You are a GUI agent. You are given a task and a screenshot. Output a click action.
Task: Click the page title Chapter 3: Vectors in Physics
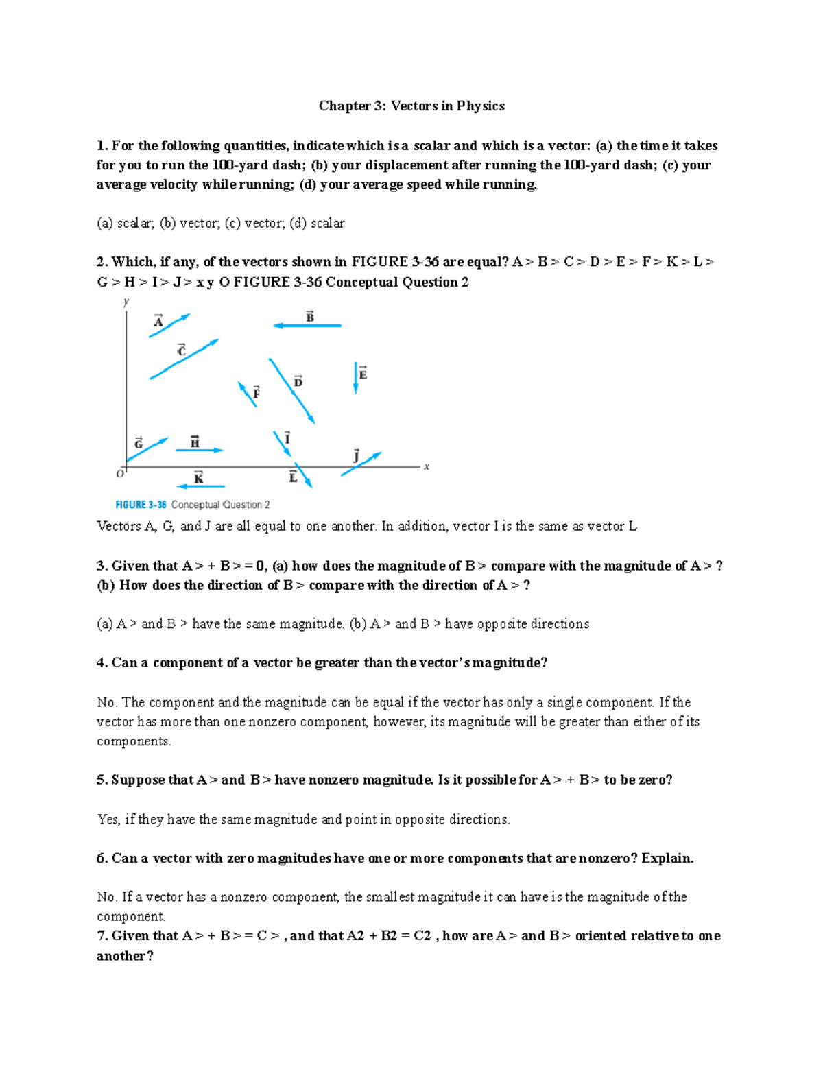pos(411,106)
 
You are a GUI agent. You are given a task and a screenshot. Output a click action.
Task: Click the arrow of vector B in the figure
pos(307,326)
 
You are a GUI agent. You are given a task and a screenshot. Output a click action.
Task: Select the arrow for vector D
pos(292,392)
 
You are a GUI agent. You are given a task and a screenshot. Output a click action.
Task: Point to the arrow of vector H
pos(199,450)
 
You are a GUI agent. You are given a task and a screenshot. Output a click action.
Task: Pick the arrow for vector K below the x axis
pos(200,486)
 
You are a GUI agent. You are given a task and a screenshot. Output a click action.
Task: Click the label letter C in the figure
pos(181,351)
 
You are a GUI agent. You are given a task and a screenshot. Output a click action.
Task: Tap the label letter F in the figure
pos(256,393)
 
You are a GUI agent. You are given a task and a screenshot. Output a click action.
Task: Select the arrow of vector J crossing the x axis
pos(361,464)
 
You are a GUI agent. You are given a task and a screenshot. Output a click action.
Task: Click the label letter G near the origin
pos(139,443)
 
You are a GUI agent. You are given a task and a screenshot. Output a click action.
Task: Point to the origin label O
pos(120,474)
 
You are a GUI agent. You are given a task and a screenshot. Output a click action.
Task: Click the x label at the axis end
pos(427,466)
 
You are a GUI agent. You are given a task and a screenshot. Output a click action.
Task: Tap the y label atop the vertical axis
pos(126,302)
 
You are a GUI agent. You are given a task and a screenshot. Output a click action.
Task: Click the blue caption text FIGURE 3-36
pos(141,505)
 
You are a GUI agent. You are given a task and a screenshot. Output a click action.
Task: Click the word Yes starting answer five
pos(108,819)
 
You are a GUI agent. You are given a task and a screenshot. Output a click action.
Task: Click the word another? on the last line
pos(125,956)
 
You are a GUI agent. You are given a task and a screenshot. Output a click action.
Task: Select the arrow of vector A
pos(169,326)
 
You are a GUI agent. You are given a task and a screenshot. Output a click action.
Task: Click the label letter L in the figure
pos(294,477)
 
